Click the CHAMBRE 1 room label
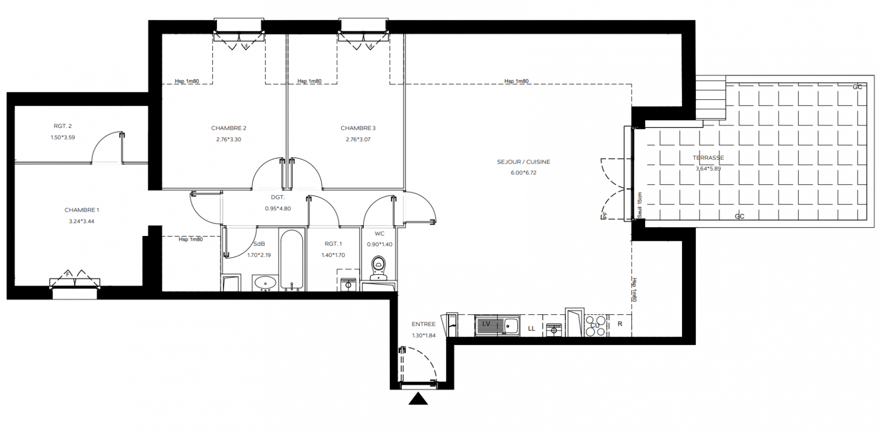82,210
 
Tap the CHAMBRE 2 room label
229,128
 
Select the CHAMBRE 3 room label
358,128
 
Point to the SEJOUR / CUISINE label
524,161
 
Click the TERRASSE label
708,158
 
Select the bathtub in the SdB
292,260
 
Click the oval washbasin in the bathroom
266,282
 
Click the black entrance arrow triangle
418,399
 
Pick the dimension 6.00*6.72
524,173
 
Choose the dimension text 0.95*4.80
278,209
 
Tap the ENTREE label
423,324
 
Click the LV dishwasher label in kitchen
486,323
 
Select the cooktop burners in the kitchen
595,326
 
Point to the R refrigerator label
620,324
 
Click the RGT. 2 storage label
63,126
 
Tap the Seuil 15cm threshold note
640,205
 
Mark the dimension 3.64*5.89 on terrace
708,168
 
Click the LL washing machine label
531,329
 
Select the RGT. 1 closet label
333,244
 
